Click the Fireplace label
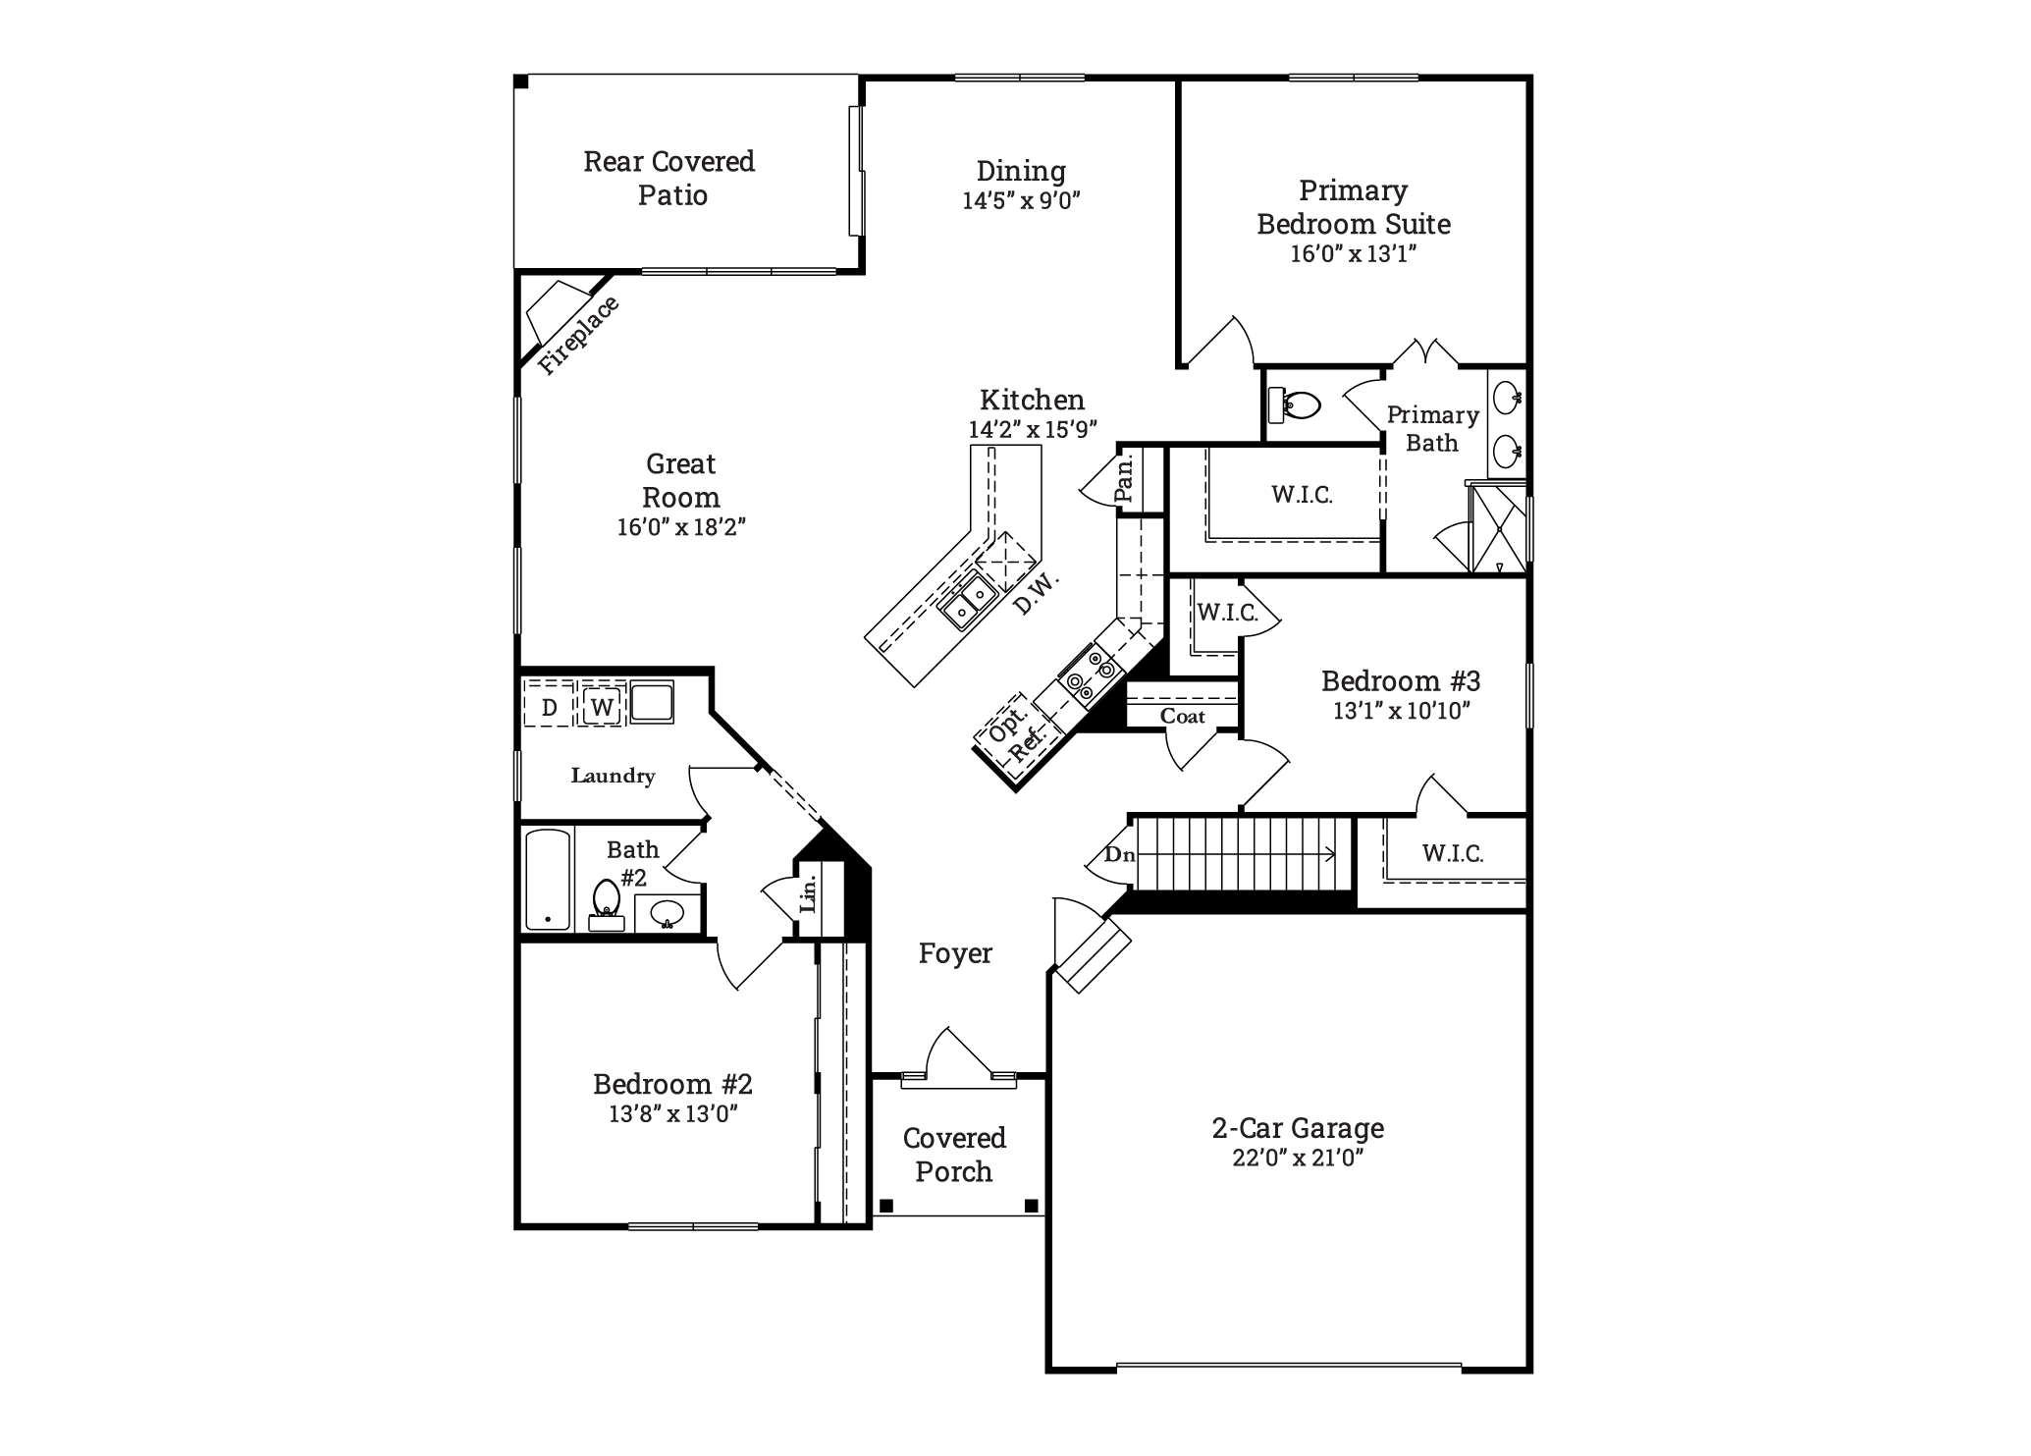[x=579, y=335]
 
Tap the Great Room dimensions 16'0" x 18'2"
[x=680, y=527]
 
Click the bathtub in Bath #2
[x=548, y=880]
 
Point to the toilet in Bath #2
[x=606, y=904]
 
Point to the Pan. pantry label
[x=1125, y=477]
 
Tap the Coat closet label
[x=1182, y=717]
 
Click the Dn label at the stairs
[x=1120, y=854]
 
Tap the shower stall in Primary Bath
[x=1498, y=528]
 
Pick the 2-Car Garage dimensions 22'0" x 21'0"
[x=1298, y=1159]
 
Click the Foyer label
[x=955, y=953]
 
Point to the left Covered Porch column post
[x=886, y=1205]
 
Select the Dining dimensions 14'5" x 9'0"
[x=1021, y=201]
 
